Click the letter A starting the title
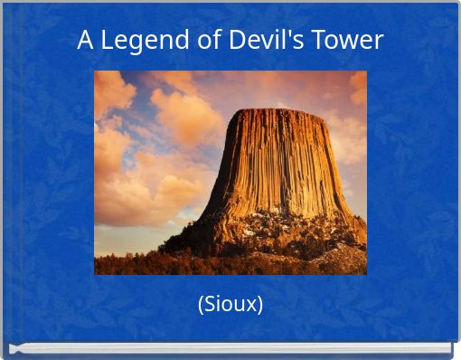point(85,41)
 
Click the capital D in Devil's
point(235,41)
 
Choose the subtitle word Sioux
point(230,304)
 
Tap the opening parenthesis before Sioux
point(201,305)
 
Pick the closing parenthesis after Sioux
point(260,305)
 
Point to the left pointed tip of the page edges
point(11,348)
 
